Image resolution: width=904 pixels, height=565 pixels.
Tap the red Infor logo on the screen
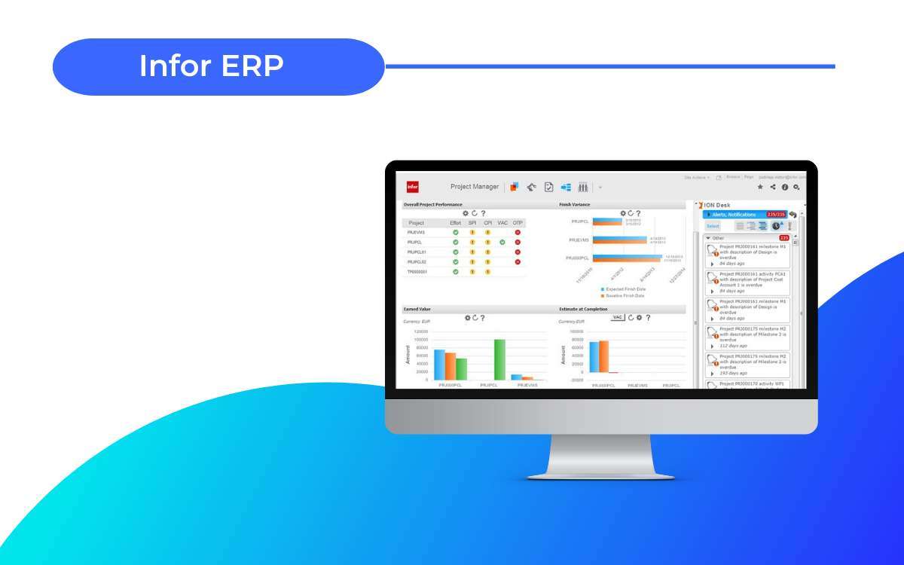point(412,187)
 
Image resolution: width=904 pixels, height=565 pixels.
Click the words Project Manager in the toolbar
point(475,187)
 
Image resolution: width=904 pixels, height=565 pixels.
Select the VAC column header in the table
point(502,223)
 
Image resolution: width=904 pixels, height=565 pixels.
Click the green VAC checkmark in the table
point(502,242)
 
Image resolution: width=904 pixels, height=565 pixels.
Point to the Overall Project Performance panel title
point(433,205)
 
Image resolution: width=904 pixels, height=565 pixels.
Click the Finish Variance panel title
point(575,205)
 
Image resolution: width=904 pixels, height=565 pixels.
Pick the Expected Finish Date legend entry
point(625,289)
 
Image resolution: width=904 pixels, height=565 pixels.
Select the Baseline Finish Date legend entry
point(625,296)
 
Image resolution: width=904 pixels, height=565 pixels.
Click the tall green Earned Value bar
point(499,359)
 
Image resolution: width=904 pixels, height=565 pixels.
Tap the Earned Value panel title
point(417,309)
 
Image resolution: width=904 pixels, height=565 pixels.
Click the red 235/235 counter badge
point(776,215)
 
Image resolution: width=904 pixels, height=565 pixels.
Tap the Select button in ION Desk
point(713,226)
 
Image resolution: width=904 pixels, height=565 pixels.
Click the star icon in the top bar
point(760,187)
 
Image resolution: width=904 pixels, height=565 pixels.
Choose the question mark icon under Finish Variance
point(638,213)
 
